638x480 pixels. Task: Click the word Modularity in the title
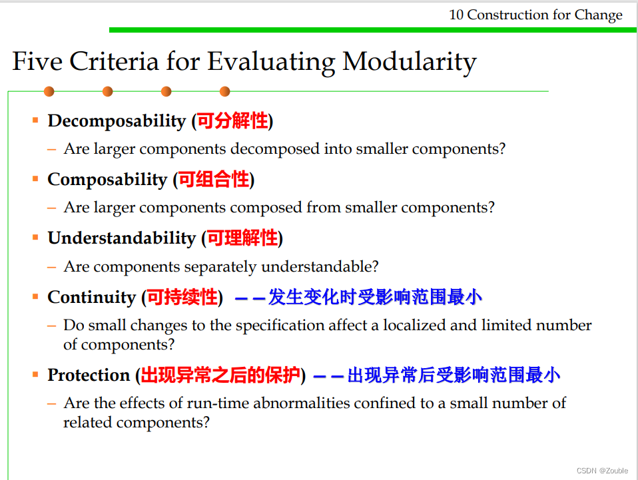click(x=410, y=62)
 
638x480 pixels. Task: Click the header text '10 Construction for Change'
click(x=535, y=15)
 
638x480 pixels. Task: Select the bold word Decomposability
click(x=117, y=121)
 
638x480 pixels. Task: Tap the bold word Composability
click(x=107, y=180)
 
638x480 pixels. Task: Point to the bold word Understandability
click(x=122, y=238)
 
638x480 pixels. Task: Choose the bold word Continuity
click(x=91, y=298)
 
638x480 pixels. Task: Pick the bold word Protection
click(x=89, y=375)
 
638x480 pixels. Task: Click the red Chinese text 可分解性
click(x=232, y=120)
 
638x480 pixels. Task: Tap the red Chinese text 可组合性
click(x=214, y=179)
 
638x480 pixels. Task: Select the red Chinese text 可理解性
click(x=242, y=238)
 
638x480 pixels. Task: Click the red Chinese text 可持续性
click(x=182, y=297)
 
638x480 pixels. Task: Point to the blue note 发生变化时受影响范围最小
click(x=375, y=297)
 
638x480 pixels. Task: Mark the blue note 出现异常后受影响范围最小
click(x=454, y=375)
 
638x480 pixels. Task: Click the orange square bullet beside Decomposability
click(x=35, y=120)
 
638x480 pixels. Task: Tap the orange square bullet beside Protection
click(x=35, y=374)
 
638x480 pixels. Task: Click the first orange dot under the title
click(x=49, y=91)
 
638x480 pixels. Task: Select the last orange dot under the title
click(x=224, y=91)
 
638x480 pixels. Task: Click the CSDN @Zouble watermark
click(x=602, y=471)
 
